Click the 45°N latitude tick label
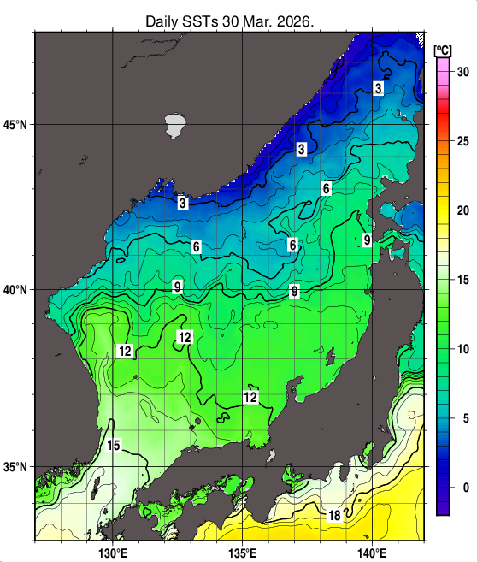tap(17, 125)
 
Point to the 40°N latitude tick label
tap(17, 290)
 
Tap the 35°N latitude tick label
tap(17, 467)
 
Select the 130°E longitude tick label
tap(113, 551)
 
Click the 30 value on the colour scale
tap(462, 73)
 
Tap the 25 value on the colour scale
tap(462, 141)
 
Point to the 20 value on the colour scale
tap(462, 210)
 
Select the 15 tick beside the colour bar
tap(462, 280)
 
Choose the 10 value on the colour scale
tap(462, 349)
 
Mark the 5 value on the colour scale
tap(462, 418)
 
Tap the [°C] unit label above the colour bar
tap(444, 49)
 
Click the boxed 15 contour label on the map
tap(114, 445)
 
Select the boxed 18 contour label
tap(334, 515)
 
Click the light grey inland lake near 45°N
tap(176, 125)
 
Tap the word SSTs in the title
tap(205, 20)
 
